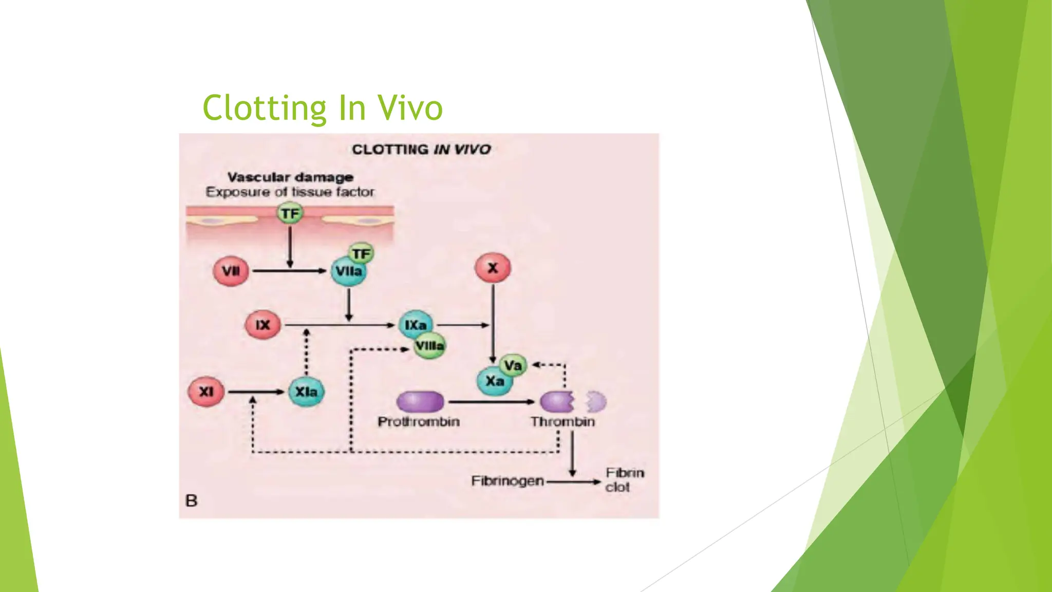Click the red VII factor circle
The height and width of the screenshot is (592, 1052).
231,271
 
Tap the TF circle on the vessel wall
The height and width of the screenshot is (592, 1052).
290,213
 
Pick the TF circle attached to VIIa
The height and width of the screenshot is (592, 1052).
361,253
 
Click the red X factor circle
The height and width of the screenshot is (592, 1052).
493,268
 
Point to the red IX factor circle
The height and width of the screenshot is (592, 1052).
262,325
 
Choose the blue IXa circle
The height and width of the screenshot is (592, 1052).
415,325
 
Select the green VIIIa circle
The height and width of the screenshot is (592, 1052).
430,346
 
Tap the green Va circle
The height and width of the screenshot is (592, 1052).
513,365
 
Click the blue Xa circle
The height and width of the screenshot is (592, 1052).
495,381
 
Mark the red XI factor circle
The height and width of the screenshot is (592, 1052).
206,392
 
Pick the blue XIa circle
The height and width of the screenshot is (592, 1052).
306,392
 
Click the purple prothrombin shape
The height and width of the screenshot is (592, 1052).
420,402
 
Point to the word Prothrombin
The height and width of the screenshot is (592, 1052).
419,422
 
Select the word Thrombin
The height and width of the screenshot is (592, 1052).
562,422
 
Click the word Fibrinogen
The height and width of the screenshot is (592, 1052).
507,481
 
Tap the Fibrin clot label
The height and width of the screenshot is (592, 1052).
624,479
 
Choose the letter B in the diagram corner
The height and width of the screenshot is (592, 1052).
191,501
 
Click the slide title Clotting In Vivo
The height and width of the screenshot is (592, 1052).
323,108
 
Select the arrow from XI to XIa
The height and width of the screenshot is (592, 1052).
256,392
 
